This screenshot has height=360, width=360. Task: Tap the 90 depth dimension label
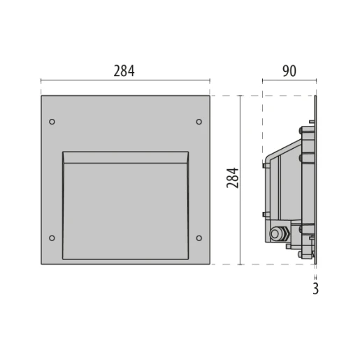(289, 70)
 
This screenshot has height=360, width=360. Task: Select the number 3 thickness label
(315, 288)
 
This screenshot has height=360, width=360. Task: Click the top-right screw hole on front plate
(199, 122)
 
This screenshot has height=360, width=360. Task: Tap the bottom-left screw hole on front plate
(52, 238)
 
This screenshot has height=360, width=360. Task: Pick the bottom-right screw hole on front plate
(199, 238)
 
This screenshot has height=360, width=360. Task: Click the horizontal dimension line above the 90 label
(289, 82)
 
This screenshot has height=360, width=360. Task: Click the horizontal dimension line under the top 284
(125, 82)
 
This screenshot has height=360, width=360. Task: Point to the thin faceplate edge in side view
(316, 180)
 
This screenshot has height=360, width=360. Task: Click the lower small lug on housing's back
(264, 214)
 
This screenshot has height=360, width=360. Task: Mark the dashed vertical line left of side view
(262, 126)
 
